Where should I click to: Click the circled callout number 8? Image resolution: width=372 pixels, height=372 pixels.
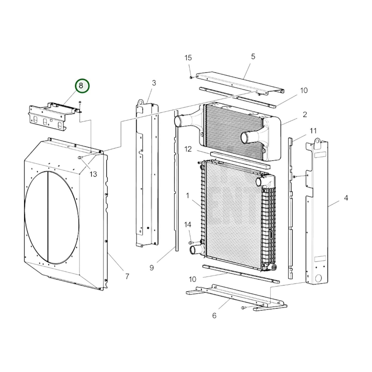(x=82, y=86)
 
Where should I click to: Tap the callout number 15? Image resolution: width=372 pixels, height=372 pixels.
(x=188, y=58)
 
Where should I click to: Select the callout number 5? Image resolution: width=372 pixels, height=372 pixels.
(x=253, y=56)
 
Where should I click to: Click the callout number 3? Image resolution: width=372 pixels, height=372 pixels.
(x=154, y=83)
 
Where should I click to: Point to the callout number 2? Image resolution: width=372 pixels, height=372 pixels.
(x=305, y=114)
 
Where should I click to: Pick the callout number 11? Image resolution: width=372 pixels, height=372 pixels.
(x=313, y=131)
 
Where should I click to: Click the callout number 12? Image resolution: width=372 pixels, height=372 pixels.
(x=188, y=149)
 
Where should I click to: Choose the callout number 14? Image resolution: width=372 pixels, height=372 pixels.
(x=188, y=224)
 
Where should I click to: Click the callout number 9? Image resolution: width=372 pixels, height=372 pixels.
(x=152, y=268)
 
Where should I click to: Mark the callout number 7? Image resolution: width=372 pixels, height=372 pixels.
(x=127, y=276)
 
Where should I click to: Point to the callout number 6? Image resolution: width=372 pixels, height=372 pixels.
(x=214, y=315)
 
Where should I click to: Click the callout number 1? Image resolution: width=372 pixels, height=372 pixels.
(x=187, y=196)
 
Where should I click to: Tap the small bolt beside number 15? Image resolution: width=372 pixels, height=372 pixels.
(x=191, y=77)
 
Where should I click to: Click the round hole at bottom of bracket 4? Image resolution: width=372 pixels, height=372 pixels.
(x=318, y=278)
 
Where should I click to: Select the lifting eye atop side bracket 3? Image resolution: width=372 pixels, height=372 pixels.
(x=140, y=103)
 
